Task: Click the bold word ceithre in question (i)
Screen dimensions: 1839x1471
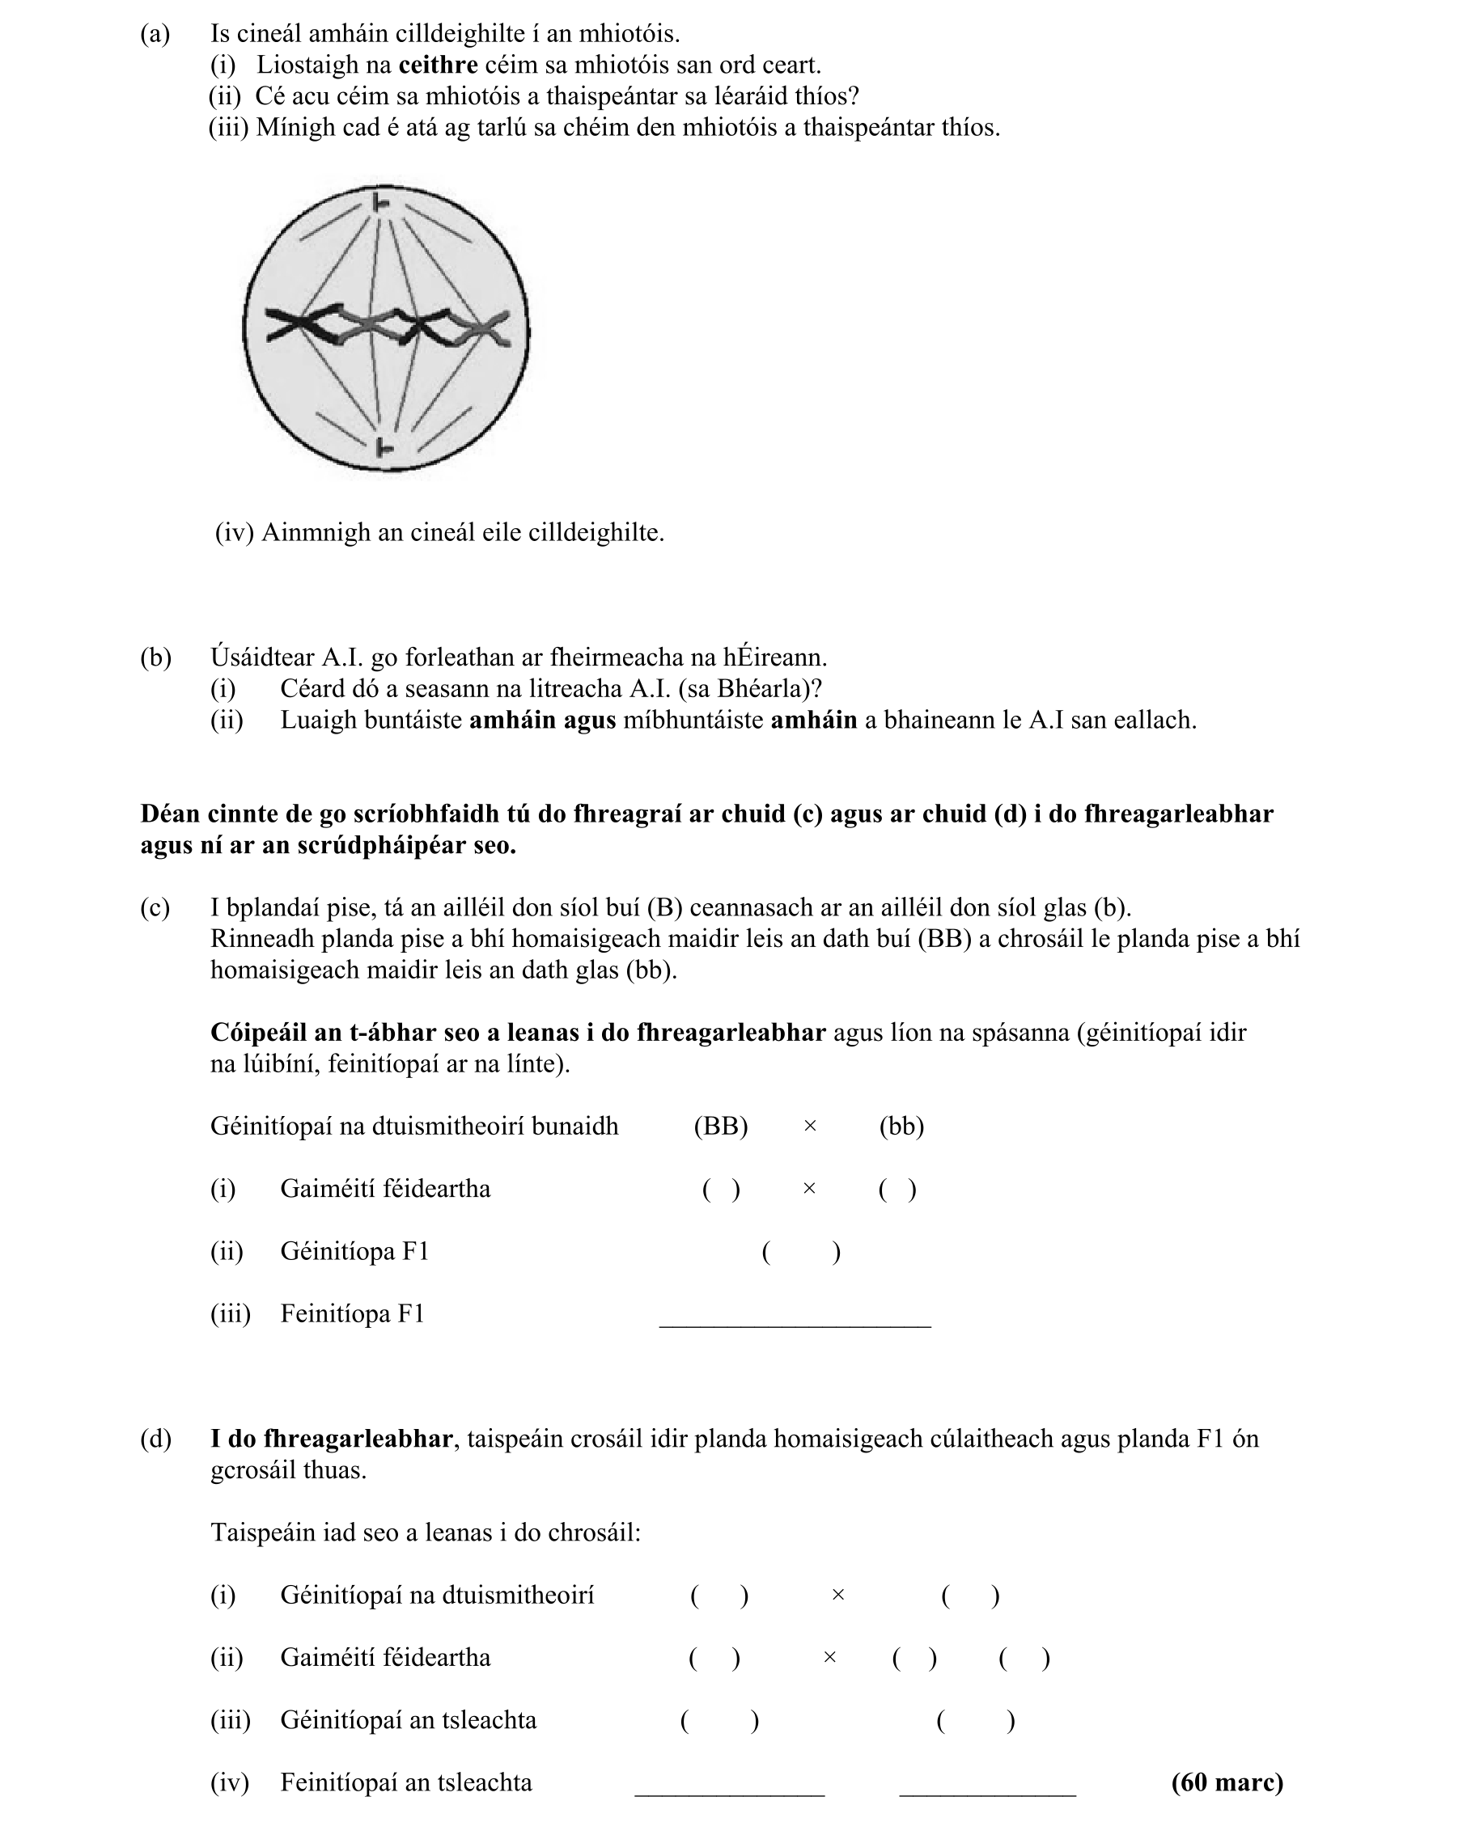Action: (x=438, y=65)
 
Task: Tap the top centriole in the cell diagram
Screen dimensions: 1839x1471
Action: (x=381, y=203)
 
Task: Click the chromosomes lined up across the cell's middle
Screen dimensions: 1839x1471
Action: (x=388, y=328)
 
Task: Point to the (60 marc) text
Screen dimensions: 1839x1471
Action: (x=1226, y=1782)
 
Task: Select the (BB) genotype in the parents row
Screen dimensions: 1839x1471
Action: (x=720, y=1126)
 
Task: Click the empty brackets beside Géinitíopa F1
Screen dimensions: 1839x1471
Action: (x=800, y=1251)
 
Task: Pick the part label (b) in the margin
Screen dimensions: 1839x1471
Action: (x=155, y=657)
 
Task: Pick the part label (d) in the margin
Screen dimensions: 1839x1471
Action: (x=155, y=1439)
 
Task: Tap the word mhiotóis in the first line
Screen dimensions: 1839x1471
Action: (x=629, y=34)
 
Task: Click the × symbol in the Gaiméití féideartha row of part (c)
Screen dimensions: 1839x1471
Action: (x=809, y=1189)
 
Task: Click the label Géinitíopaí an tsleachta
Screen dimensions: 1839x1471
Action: (x=408, y=1719)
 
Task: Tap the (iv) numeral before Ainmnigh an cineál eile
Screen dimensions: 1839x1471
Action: (x=234, y=532)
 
